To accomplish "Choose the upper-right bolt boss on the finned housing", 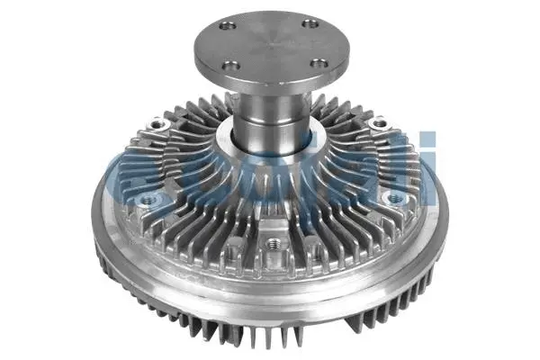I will tap(379, 121).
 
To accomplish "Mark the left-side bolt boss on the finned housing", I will tap(144, 196).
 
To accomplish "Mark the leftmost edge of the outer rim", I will tap(93, 216).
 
